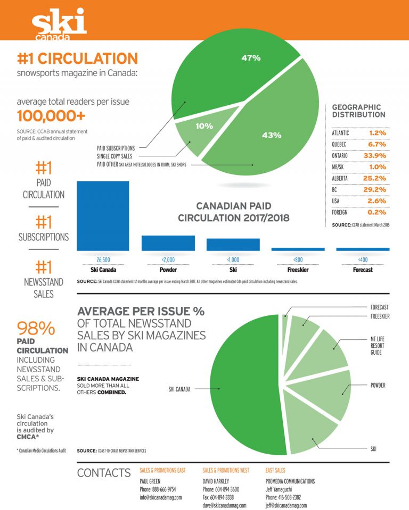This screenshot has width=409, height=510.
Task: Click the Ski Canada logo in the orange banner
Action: (x=59, y=24)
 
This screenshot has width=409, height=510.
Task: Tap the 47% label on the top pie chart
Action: (x=251, y=57)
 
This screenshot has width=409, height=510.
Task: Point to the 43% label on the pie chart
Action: (x=271, y=135)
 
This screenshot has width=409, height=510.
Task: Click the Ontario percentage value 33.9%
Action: (x=374, y=155)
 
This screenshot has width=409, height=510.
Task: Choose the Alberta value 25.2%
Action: (x=374, y=178)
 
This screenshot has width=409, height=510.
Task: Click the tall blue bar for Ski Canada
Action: (x=103, y=215)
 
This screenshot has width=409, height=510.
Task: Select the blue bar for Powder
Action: (x=168, y=243)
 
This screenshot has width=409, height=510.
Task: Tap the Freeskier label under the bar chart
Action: (x=297, y=270)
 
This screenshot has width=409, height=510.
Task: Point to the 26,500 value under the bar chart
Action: (x=102, y=260)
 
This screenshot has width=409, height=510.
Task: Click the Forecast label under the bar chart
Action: (x=362, y=270)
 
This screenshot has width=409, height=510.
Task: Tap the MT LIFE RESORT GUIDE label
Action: (x=378, y=346)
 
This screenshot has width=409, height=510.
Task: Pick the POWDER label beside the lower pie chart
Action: (x=378, y=385)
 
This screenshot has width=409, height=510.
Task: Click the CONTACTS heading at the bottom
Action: (x=103, y=473)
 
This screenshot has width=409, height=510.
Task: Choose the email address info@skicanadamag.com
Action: (x=161, y=498)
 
